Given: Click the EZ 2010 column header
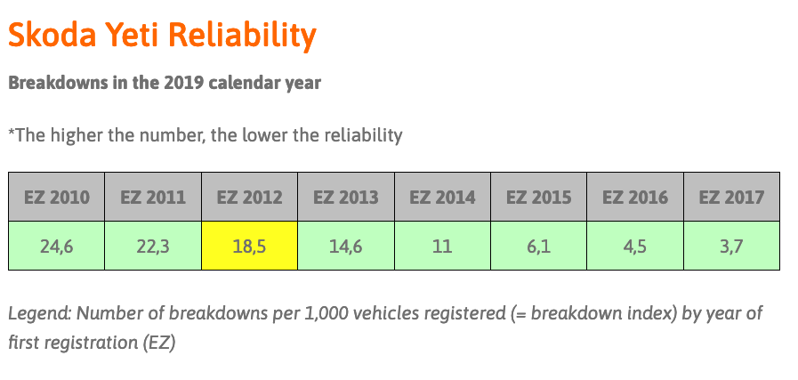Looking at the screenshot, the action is (x=56, y=197).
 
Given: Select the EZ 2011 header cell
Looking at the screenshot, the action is (x=153, y=197).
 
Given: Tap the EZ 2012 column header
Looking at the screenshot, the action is (x=249, y=197).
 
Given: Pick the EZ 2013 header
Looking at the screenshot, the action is (x=346, y=197).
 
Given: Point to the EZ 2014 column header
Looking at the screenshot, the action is (x=442, y=197).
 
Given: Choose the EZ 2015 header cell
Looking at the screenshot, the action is (x=538, y=197).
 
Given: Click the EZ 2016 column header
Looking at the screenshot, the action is (x=635, y=197).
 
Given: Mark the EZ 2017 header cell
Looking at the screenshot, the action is (x=732, y=197).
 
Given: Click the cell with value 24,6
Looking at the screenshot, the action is (x=56, y=246).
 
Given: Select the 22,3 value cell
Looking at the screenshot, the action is (x=153, y=246).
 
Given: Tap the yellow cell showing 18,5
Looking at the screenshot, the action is (x=249, y=246).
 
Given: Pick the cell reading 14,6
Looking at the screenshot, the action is (x=346, y=246).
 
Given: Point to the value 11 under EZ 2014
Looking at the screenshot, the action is (x=442, y=246).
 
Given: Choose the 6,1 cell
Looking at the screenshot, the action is (x=538, y=246).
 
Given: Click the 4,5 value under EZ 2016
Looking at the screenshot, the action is (x=635, y=246).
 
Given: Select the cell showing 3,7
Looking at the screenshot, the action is (x=732, y=246).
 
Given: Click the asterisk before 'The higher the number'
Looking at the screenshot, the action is (x=12, y=132).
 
